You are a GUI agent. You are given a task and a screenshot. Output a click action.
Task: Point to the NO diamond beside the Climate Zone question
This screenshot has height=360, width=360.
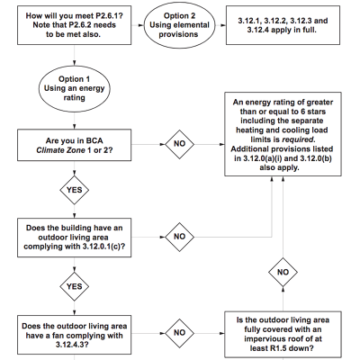click(179, 142)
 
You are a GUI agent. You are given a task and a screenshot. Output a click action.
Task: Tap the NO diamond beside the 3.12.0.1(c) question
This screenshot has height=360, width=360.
click(179, 236)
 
